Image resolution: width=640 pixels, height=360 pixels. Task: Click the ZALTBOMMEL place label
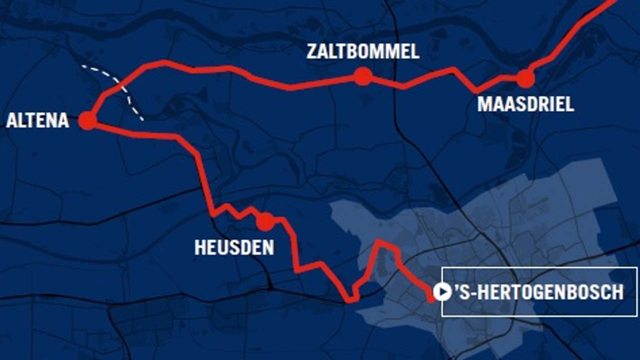(x=363, y=51)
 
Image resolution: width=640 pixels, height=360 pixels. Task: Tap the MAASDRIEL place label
(x=525, y=104)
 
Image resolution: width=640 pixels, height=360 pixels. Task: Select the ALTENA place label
(x=37, y=120)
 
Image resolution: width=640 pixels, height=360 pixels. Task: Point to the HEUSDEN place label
(x=234, y=247)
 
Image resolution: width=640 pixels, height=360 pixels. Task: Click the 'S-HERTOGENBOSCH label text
(x=539, y=292)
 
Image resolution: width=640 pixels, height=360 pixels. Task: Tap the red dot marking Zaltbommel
(x=363, y=76)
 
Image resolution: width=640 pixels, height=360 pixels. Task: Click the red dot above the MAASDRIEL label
(x=525, y=78)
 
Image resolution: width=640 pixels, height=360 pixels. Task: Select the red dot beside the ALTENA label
(x=87, y=120)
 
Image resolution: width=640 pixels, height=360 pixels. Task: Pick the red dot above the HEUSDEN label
(x=265, y=221)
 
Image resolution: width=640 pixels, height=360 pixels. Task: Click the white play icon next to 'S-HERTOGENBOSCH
(x=442, y=291)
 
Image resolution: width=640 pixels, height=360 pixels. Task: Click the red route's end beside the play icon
(x=431, y=299)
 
